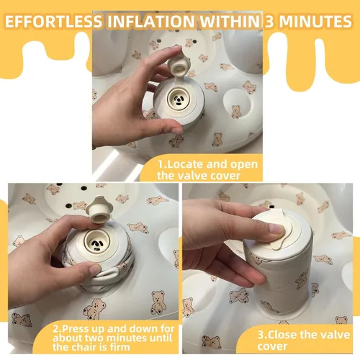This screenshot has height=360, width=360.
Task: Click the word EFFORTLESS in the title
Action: [x=54, y=21]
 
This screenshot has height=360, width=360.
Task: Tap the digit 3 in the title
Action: [x=269, y=21]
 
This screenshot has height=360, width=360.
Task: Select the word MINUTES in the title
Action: [x=315, y=21]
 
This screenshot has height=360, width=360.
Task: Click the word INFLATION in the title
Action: [x=151, y=21]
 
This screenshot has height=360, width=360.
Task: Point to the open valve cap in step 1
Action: [x=179, y=66]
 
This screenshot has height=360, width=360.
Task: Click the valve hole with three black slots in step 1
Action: [x=179, y=99]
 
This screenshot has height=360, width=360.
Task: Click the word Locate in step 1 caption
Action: [x=184, y=164]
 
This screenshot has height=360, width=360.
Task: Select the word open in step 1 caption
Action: [x=244, y=166]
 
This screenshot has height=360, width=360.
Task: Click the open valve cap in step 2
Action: [x=99, y=210]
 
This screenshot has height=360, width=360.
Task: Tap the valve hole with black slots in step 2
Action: [x=96, y=243]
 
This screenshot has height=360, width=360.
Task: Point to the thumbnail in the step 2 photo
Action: [x=95, y=269]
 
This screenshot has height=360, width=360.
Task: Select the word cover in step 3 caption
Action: [x=272, y=346]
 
